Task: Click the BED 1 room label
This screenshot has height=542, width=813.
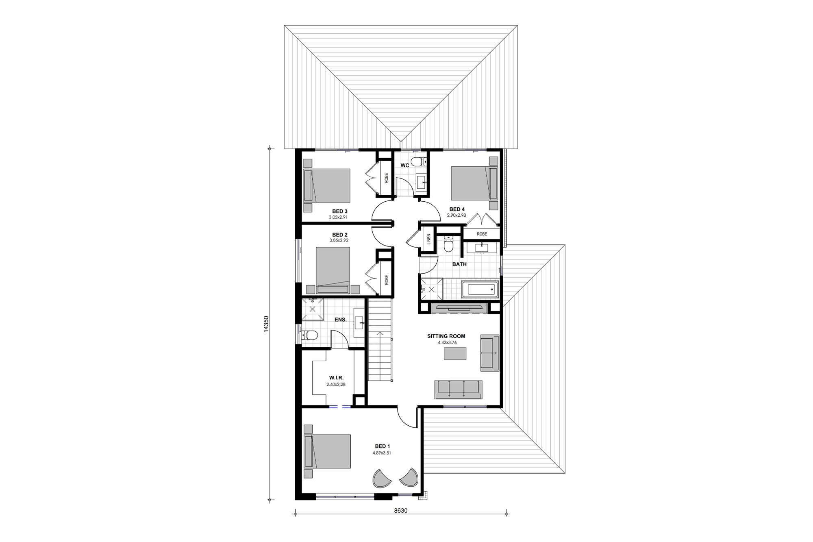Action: tap(382, 446)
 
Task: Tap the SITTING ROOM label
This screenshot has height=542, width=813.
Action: tap(446, 336)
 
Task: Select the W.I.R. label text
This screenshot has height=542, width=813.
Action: tap(336, 378)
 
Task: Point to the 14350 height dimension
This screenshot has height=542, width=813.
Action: tap(266, 324)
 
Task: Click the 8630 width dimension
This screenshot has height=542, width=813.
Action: tap(400, 511)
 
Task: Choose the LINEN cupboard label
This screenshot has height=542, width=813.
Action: tap(428, 239)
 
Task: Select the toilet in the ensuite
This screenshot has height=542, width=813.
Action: tap(311, 335)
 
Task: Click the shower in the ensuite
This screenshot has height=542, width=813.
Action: tap(313, 309)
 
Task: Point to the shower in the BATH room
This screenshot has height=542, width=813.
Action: tap(430, 289)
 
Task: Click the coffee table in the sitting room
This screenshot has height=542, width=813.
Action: tap(455, 354)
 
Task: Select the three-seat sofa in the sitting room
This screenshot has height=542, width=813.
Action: tap(458, 389)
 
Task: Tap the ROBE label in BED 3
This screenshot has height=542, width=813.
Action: tap(386, 178)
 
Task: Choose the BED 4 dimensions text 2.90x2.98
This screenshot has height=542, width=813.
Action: tap(456, 215)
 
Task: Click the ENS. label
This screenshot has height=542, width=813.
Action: tap(341, 320)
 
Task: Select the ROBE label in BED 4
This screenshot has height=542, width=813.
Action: tap(482, 234)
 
